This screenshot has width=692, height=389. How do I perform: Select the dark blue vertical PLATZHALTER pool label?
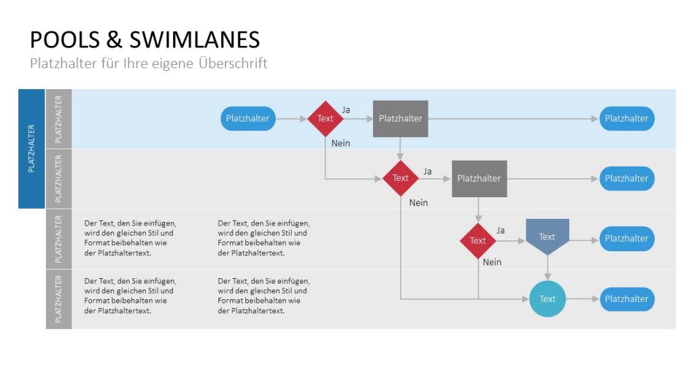[31, 149]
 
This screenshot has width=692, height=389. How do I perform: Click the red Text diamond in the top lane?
[326, 118]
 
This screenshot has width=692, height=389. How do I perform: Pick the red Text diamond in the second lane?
[401, 178]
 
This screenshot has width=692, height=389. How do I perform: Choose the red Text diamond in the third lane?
[478, 240]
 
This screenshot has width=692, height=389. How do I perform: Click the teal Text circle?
[547, 299]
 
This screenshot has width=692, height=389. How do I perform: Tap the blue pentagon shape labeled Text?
[547, 236]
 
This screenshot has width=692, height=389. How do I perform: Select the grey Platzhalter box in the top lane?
[401, 118]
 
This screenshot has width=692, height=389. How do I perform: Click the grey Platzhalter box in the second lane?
[479, 178]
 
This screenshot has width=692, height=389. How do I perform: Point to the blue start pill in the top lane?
[248, 118]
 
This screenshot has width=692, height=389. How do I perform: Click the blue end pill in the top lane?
[626, 118]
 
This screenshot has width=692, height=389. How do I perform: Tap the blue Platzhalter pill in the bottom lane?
[626, 299]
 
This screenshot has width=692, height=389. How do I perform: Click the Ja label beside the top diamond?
[346, 109]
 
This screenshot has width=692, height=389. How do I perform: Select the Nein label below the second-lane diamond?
[418, 203]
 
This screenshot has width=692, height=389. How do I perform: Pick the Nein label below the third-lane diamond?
[492, 262]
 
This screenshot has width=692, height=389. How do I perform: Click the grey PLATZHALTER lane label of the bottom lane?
[59, 299]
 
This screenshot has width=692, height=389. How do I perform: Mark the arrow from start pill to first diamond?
[291, 118]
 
